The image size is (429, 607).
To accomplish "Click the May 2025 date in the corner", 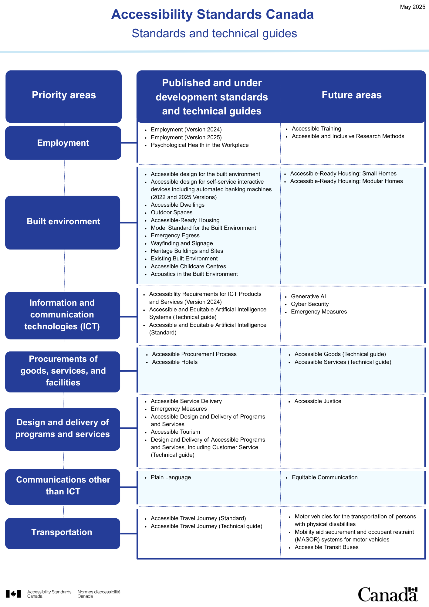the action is click(413, 7).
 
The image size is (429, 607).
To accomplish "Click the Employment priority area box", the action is click(63, 143).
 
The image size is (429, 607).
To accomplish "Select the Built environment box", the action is click(63, 222).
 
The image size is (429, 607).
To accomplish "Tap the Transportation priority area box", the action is click(63, 533).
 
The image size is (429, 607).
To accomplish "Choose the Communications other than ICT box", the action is click(63, 487).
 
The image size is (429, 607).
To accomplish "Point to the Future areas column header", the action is click(352, 95).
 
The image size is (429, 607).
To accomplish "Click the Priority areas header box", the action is click(63, 97).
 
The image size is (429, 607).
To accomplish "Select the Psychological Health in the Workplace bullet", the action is click(200, 145).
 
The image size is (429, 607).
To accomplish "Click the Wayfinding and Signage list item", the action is click(182, 243).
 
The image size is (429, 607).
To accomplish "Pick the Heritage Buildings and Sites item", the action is click(187, 251).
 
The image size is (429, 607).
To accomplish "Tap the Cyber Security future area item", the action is click(310, 304).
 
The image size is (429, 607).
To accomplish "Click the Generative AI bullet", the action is click(308, 297).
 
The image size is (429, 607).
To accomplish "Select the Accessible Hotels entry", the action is click(175, 362).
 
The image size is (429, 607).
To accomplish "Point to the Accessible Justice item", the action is click(318, 401).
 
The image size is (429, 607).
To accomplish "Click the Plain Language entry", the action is click(171, 477).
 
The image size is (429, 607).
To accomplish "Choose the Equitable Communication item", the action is click(325, 477).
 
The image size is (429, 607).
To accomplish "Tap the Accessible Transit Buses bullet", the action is click(326, 547).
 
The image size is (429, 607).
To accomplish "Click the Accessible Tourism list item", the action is click(175, 432).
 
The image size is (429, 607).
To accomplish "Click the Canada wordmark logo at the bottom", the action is click(388, 594).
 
